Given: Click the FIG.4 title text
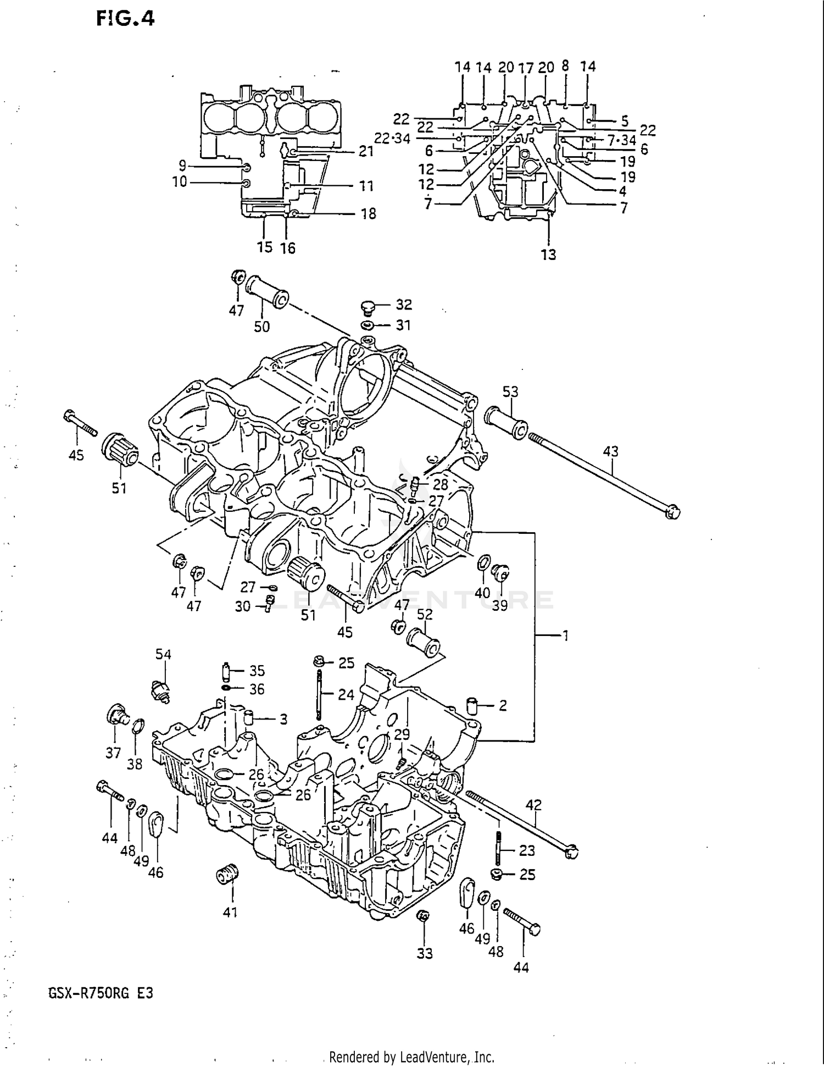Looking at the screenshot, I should tap(125, 19).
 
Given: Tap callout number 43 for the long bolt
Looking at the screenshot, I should tap(610, 451).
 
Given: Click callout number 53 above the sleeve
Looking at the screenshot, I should tap(510, 392).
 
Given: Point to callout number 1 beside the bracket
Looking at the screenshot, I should tap(565, 636).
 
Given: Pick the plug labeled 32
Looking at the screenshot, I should tap(370, 306).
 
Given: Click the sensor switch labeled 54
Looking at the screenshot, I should tap(161, 690).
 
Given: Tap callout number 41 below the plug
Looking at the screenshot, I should tap(230, 913).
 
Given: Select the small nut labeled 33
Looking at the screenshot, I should tap(423, 915).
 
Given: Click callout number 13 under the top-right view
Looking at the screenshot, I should tap(548, 255).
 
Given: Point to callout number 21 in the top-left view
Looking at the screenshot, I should tap(366, 151).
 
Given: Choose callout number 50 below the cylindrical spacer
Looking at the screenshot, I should tap(262, 327).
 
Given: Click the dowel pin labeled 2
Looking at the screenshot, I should tap(472, 705).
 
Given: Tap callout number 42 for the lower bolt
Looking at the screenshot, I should tap(533, 805).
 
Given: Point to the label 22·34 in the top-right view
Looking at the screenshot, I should tap(392, 139).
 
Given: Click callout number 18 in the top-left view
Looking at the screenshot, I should tap(369, 214).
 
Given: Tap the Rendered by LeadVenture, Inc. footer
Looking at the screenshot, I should tap(411, 1057).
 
